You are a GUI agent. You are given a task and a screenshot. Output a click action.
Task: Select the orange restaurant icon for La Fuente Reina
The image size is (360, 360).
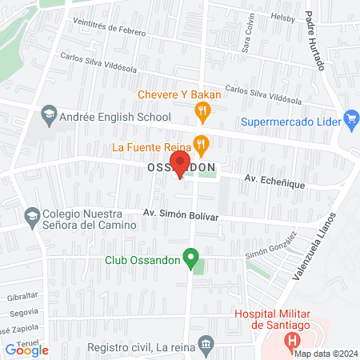click(x=202, y=146)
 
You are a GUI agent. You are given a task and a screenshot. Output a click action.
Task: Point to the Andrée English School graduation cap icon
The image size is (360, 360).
click(x=48, y=115)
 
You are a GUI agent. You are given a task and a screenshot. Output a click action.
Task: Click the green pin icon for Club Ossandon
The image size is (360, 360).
click(x=190, y=258)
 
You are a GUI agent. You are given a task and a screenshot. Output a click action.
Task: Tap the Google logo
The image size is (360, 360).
click(x=27, y=350)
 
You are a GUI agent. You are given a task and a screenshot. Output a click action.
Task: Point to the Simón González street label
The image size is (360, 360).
click(x=272, y=244)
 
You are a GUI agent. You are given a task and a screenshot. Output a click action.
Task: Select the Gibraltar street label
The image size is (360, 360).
click(x=18, y=295)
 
